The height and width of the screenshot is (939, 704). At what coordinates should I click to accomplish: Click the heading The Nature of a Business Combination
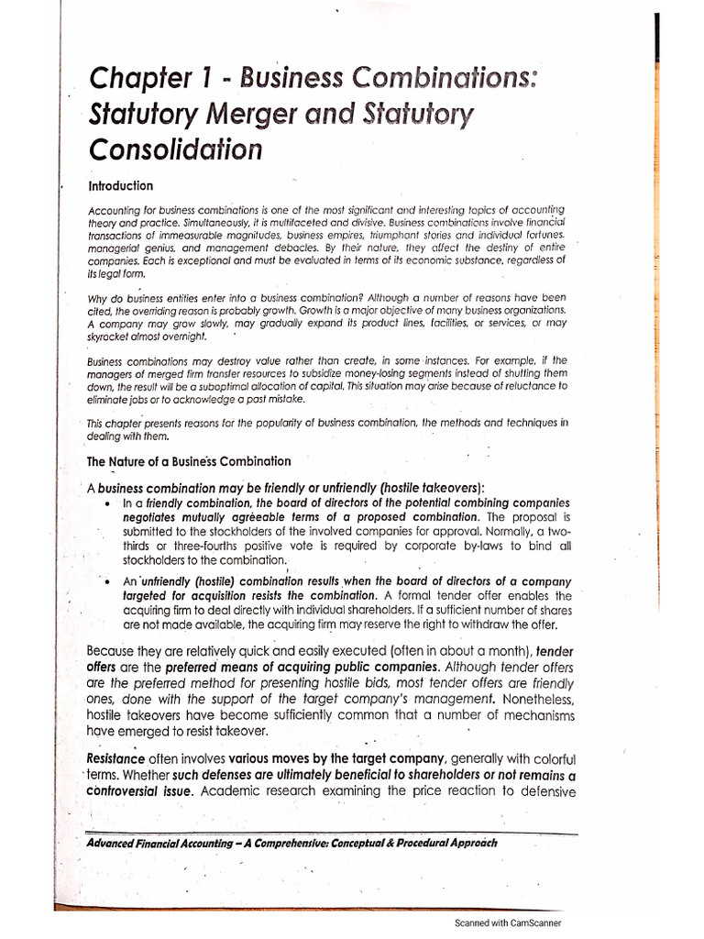tap(189, 460)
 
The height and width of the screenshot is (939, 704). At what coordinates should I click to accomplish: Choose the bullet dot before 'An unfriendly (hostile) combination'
tap(109, 581)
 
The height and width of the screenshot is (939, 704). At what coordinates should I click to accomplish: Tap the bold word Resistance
tap(115, 758)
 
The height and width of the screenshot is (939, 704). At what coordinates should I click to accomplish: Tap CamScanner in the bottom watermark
tap(534, 923)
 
